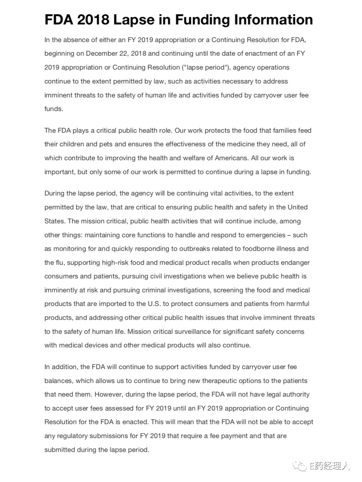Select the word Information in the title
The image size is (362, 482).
click(273, 20)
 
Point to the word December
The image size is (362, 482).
click(102, 54)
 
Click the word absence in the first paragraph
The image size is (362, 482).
click(74, 40)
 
